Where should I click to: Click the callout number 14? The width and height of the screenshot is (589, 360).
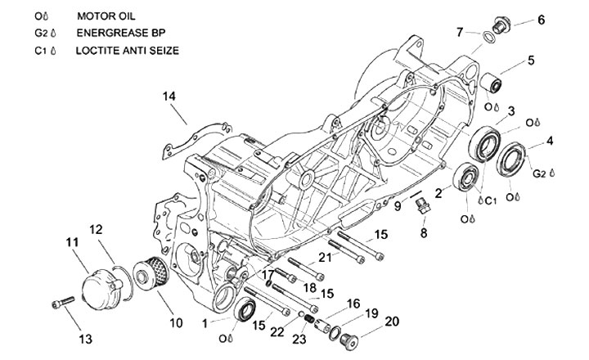pyautogui.click(x=169, y=97)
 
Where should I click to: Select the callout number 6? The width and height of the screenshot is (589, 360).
pyautogui.click(x=541, y=20)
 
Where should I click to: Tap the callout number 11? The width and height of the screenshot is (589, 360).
pyautogui.click(x=71, y=242)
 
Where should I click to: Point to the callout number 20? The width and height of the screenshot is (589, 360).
pyautogui.click(x=393, y=321)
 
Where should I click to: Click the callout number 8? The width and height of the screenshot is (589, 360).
pyautogui.click(x=424, y=233)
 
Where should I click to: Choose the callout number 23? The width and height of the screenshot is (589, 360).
pyautogui.click(x=299, y=340)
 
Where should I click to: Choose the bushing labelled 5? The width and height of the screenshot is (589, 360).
pyautogui.click(x=493, y=83)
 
